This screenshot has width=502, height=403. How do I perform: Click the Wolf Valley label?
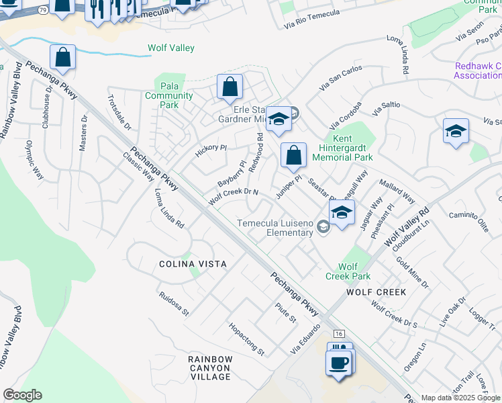point(171,48)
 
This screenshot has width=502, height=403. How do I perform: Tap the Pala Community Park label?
point(169,95)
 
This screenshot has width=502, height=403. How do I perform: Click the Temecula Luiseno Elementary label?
point(274,228)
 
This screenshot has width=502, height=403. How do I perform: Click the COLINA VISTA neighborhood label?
point(192,264)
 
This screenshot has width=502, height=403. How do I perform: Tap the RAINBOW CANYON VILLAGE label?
point(210,368)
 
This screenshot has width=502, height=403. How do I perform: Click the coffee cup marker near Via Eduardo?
point(338,363)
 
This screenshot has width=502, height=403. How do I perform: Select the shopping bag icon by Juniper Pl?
point(293,156)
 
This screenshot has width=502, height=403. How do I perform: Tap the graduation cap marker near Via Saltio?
point(456,131)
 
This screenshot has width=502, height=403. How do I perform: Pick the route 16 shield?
point(338,334)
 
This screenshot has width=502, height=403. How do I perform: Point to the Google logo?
point(22,395)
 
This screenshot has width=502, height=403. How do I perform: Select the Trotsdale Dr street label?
point(119,111)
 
